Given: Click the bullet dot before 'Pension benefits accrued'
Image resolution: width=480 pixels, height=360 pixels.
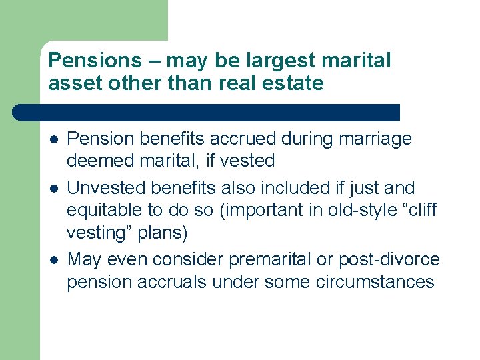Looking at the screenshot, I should click(x=52, y=139).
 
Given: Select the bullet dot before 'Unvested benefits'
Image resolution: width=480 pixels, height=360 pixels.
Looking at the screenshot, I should click(x=52, y=189).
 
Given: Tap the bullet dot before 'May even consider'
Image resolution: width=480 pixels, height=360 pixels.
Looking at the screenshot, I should click(x=52, y=259).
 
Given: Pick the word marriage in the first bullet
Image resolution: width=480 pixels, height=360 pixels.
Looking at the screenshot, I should click(x=375, y=140).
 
